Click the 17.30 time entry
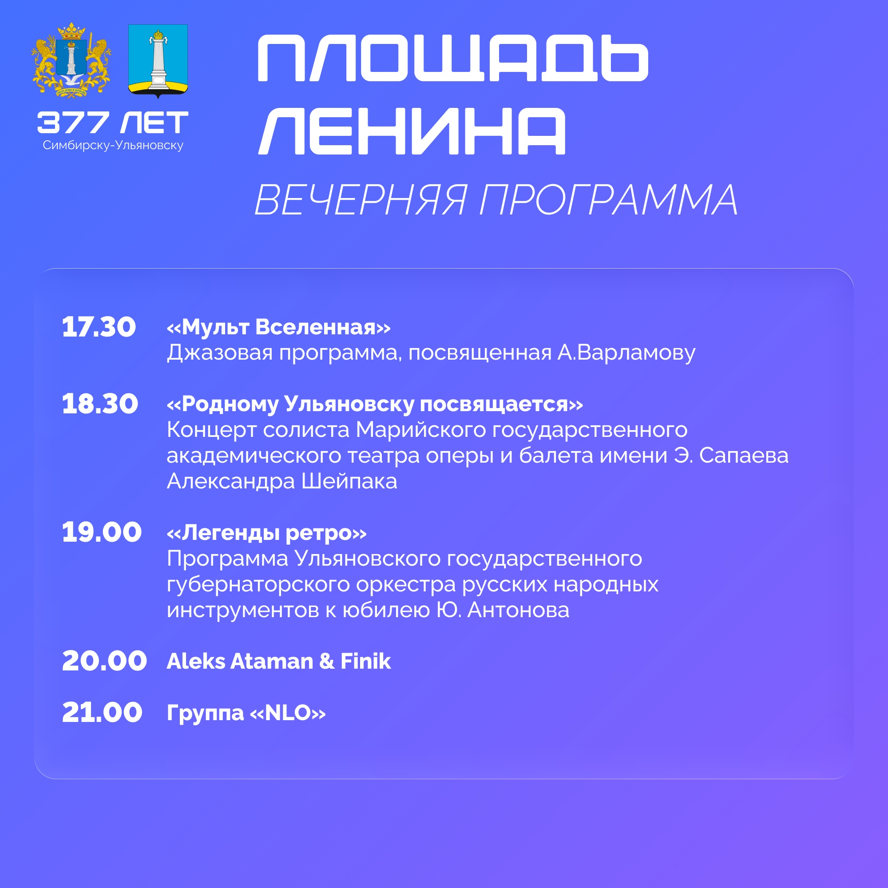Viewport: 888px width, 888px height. coord(99,327)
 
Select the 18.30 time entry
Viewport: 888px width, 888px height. coord(100,404)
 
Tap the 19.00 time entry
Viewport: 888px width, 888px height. coord(102,532)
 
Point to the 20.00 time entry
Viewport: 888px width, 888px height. coord(104,661)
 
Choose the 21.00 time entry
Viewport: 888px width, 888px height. coord(102,713)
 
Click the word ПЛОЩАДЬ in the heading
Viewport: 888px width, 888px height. coord(453,58)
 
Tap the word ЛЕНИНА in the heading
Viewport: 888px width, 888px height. coord(412,131)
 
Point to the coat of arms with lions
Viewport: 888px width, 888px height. coord(71,61)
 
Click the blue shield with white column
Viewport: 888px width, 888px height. coord(158,61)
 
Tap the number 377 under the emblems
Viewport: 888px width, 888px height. coord(73,123)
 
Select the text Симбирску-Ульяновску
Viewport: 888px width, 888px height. coord(113,145)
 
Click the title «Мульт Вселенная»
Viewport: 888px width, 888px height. coord(278,327)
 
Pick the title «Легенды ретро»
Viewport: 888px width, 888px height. coord(266,533)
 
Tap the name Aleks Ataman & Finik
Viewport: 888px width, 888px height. coord(278,661)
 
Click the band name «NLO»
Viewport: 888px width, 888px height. coord(288,713)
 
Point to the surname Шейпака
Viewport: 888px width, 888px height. coord(349,481)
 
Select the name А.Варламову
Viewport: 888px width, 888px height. coord(626,353)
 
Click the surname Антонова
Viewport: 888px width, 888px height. coord(518,610)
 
